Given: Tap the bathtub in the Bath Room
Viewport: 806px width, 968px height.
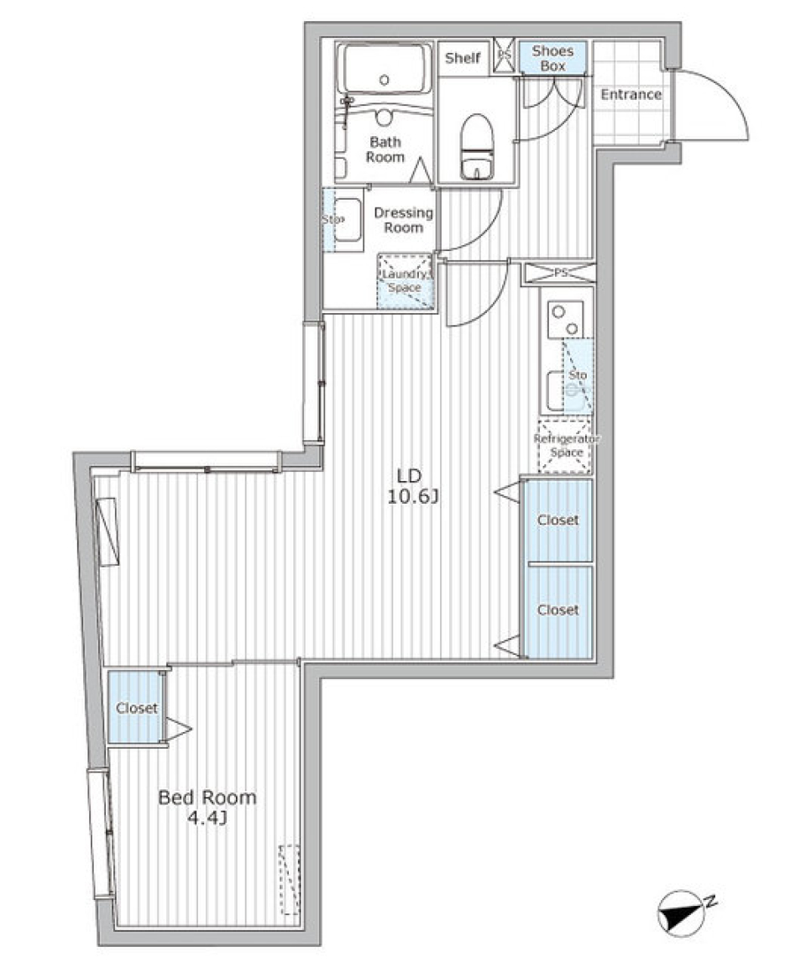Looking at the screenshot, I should click(x=385, y=70).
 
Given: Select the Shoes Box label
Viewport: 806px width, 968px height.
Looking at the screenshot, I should click(x=552, y=58).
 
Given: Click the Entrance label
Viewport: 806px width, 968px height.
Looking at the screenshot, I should click(x=631, y=95).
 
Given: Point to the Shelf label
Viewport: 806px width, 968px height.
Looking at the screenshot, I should click(x=463, y=58).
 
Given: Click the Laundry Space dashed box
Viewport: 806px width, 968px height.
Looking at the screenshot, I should click(x=406, y=281).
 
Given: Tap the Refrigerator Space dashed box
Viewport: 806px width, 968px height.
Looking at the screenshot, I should click(x=564, y=446).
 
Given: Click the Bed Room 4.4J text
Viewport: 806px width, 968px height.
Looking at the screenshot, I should click(x=207, y=807).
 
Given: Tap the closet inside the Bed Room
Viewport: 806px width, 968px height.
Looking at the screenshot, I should click(x=136, y=708).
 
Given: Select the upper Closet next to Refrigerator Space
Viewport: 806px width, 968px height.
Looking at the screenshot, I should click(x=557, y=520).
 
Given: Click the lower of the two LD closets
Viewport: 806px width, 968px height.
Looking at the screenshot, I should click(x=557, y=610).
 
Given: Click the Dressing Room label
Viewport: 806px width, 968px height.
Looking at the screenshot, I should click(x=403, y=220).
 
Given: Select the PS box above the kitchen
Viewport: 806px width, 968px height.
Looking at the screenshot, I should click(x=558, y=272).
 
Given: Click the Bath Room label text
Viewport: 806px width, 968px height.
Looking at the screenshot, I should click(x=385, y=149).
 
